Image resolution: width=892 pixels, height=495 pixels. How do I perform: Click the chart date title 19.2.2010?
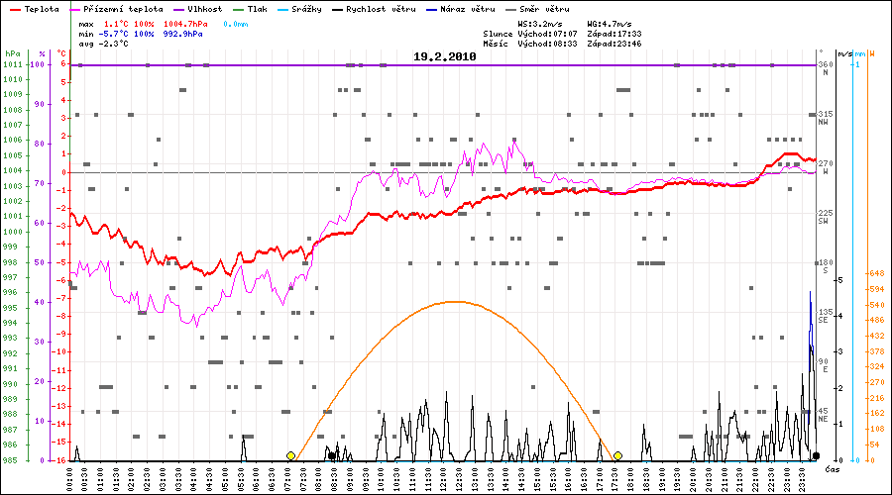[445, 57]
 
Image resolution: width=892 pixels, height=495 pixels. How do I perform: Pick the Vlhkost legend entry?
[204, 8]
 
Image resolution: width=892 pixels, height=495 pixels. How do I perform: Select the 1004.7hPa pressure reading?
[185, 22]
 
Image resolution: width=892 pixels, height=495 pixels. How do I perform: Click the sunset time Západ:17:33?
[613, 33]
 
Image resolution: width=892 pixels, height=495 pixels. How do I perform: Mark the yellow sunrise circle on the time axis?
[290, 455]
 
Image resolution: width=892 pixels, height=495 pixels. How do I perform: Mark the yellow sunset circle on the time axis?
[617, 455]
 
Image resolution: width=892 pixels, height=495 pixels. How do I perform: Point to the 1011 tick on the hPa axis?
[12, 64]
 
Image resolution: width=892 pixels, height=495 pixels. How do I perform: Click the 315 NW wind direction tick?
[823, 117]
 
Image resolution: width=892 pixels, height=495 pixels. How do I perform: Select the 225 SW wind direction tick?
[823, 216]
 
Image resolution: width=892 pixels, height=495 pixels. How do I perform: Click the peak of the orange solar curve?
[453, 301]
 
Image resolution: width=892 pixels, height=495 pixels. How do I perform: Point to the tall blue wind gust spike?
[810, 297]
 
